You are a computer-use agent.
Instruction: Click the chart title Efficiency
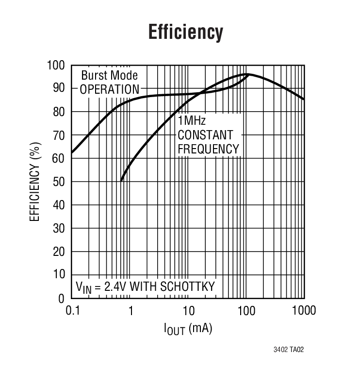click(x=185, y=32)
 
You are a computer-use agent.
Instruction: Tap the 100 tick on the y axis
click(x=56, y=66)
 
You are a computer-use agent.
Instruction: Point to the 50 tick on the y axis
click(x=59, y=182)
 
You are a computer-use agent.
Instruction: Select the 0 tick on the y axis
click(x=62, y=298)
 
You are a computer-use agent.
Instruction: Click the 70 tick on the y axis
click(x=59, y=135)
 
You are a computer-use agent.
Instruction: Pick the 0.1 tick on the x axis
click(x=72, y=311)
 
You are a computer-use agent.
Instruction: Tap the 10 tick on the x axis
click(x=188, y=311)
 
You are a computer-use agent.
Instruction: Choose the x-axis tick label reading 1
click(x=131, y=311)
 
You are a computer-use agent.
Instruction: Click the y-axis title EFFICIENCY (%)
click(x=35, y=183)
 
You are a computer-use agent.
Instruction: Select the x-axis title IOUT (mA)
click(x=188, y=329)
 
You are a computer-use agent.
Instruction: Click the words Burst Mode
click(x=109, y=76)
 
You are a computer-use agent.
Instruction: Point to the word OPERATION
click(x=109, y=89)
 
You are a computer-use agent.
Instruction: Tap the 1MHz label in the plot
click(x=192, y=121)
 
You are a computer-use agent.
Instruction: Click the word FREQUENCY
click(x=209, y=149)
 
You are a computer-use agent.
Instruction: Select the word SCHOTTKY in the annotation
click(x=187, y=286)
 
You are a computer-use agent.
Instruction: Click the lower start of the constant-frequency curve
click(x=121, y=181)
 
